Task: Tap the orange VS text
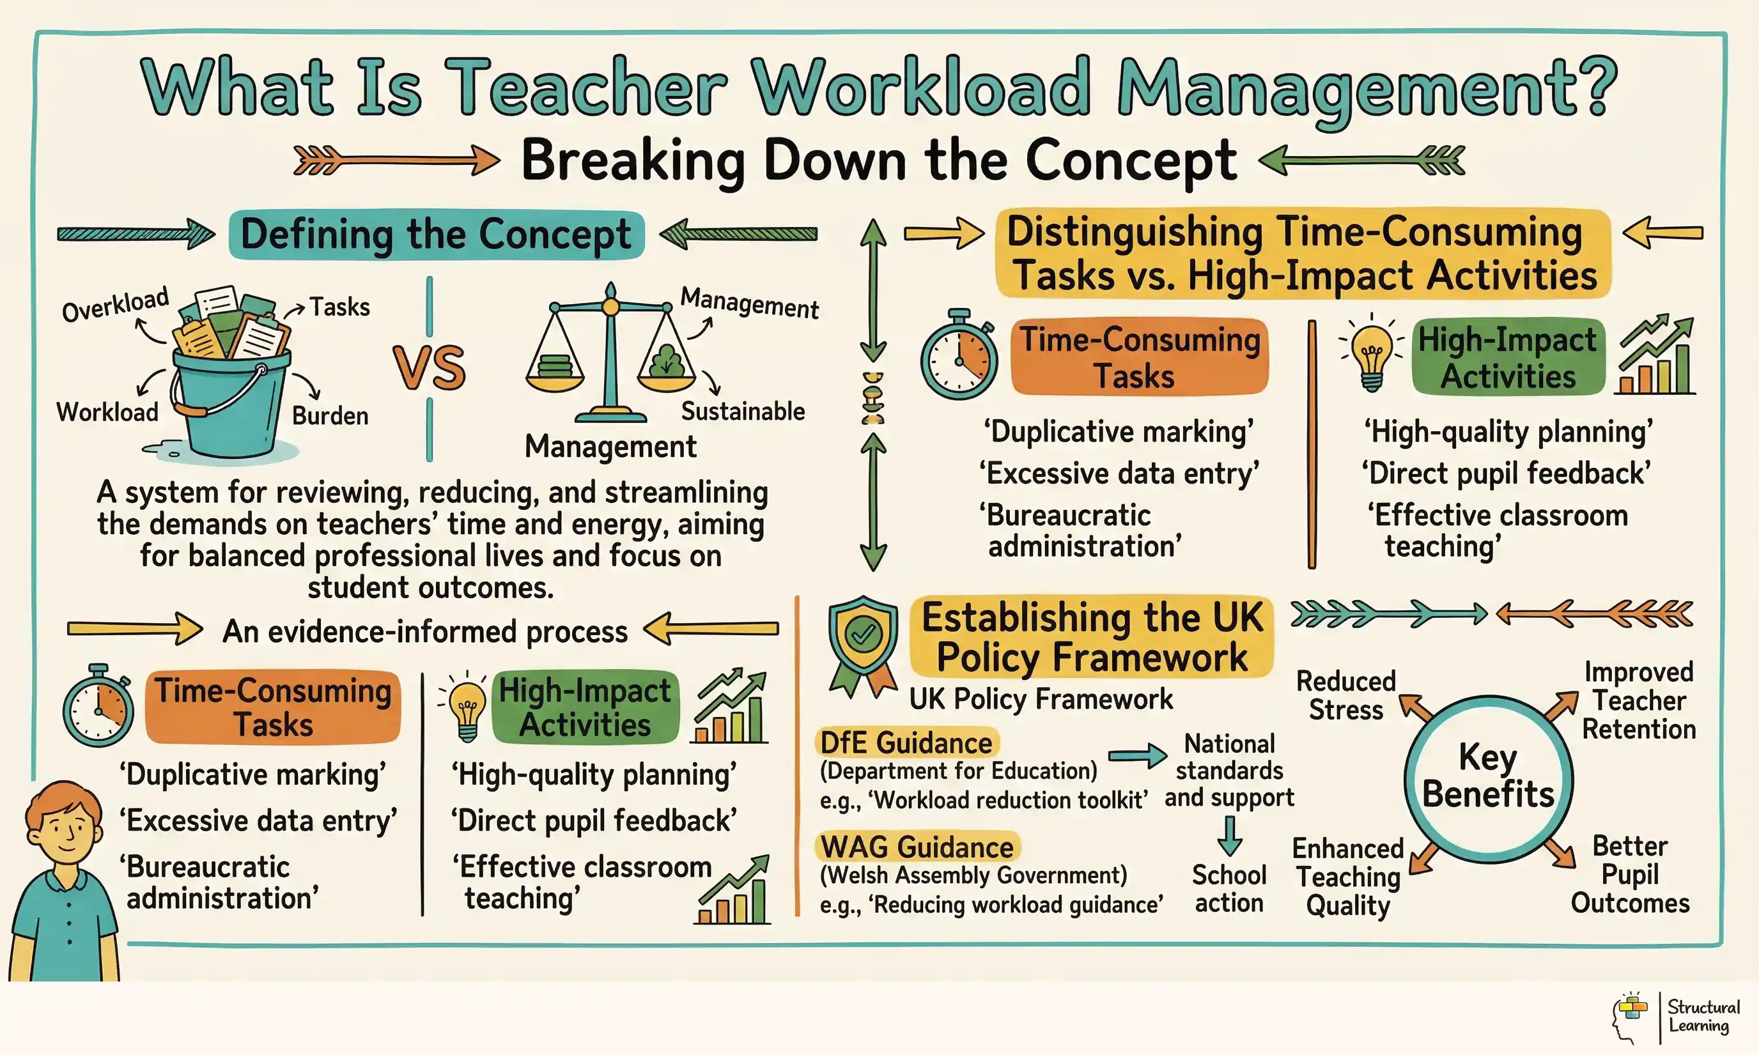tap(430, 367)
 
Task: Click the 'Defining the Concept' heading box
tap(436, 234)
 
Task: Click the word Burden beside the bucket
tap(330, 416)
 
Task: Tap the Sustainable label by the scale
tap(743, 412)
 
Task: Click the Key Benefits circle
tap(1488, 778)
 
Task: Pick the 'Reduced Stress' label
tap(1346, 695)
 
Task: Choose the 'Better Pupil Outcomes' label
tap(1630, 874)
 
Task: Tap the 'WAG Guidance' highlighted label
tap(917, 847)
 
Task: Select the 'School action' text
tap(1229, 889)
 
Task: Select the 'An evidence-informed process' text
tap(425, 631)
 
